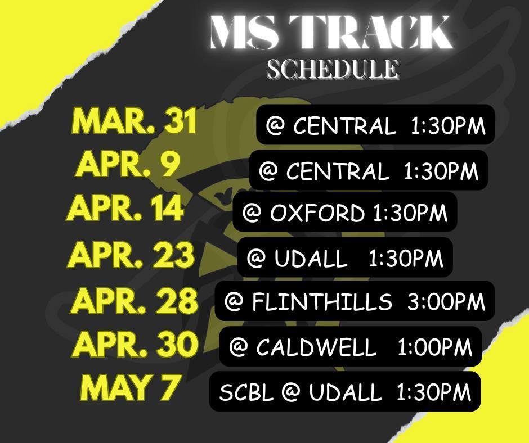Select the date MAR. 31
point(135,121)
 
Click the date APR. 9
point(128,164)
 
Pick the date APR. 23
point(131,255)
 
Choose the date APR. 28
point(135,301)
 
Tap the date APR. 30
point(135,345)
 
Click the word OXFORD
point(317,214)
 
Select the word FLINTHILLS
point(321,302)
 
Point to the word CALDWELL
point(316,348)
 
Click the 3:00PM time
point(446,302)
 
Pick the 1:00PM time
point(434,348)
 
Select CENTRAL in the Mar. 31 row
point(344,126)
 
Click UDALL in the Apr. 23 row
point(311,259)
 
